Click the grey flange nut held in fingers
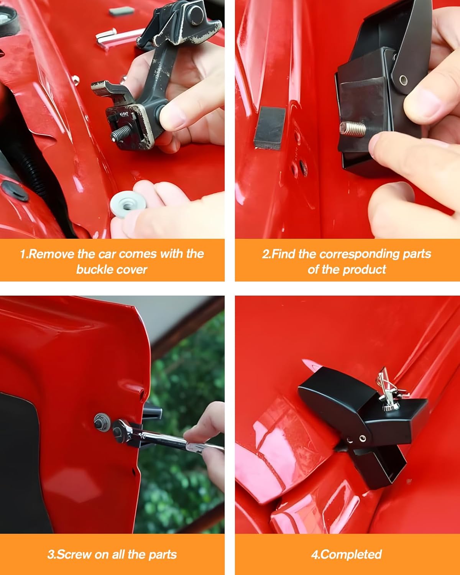tap(128, 204)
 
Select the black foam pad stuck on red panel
tap(269, 128)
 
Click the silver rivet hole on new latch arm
tap(403, 80)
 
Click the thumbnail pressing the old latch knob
tap(174, 115)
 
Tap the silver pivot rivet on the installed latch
tap(362, 438)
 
